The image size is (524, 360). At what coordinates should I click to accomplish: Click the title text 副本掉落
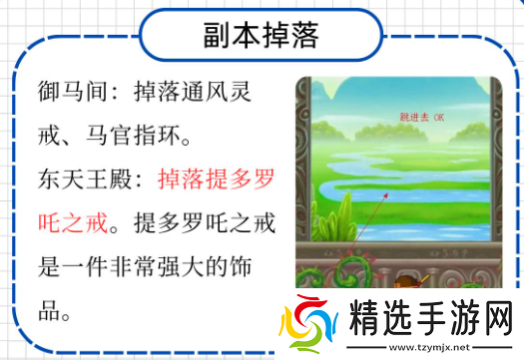point(262,37)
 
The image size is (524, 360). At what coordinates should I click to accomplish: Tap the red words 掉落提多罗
point(216,180)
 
